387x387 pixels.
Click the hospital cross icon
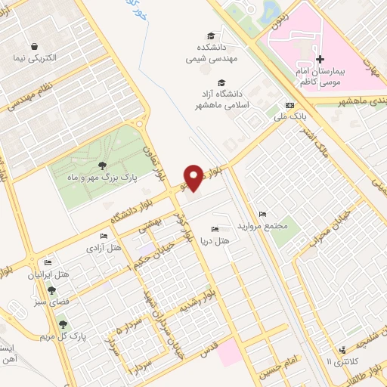coord(320,59)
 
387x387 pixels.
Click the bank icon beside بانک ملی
coord(289,105)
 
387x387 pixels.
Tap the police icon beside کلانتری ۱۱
coord(344,349)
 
